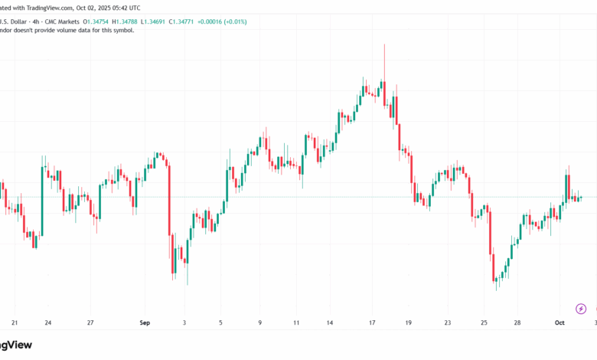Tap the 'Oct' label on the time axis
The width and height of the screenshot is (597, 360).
[559, 323]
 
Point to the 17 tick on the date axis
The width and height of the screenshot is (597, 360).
[371, 323]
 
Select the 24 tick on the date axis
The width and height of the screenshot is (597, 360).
[48, 323]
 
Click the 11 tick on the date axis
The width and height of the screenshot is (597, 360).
[296, 323]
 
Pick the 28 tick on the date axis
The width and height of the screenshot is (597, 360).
[517, 323]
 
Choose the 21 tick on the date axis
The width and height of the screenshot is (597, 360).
[15, 323]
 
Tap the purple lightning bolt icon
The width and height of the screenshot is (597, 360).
[580, 309]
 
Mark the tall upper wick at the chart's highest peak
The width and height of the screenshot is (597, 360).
[384, 57]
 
